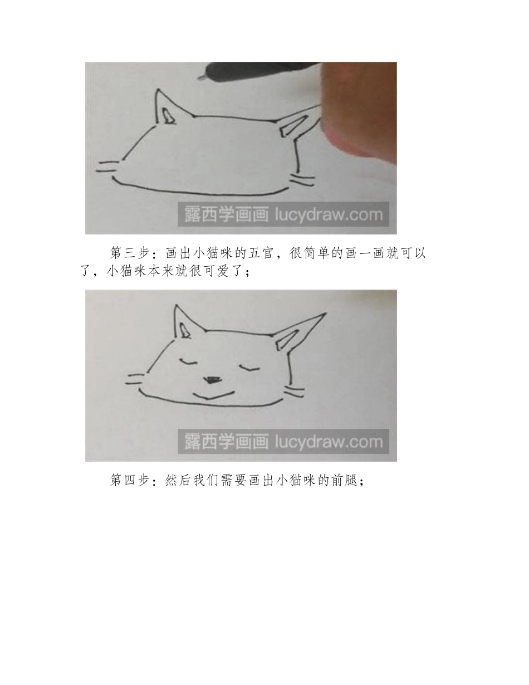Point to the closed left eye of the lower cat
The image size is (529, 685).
pos(188,361)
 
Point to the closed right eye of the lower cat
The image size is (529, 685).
pos(249,367)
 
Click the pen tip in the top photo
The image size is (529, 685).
pos(200,77)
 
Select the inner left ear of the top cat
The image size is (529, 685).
pos(169,115)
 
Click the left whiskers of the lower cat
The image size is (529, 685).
pos(136,379)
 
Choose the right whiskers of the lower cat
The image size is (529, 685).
pos(295,390)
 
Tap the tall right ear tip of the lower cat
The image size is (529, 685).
pos(326,314)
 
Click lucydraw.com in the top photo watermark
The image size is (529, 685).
pos(329,214)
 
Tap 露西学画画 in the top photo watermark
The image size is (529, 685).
pos(226,214)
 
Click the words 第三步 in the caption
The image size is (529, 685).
pos(129,253)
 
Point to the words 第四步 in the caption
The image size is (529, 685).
pos(129,481)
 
